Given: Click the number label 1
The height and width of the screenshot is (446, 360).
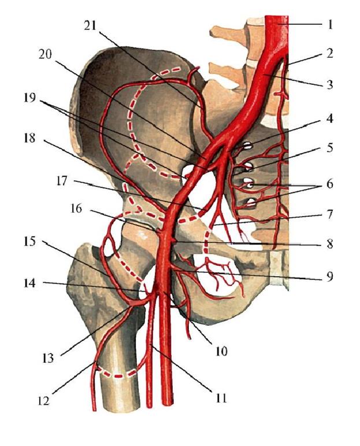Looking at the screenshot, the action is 331,25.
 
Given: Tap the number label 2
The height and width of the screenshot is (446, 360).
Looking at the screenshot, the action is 331,55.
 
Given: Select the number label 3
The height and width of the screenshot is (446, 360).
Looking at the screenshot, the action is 331,84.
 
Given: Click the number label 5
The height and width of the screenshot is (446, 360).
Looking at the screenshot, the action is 331,148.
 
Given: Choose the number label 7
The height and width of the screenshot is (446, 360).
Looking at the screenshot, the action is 331,214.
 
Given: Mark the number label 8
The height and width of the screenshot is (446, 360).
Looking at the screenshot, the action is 331,244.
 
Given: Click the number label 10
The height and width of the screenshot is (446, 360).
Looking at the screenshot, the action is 222,351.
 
